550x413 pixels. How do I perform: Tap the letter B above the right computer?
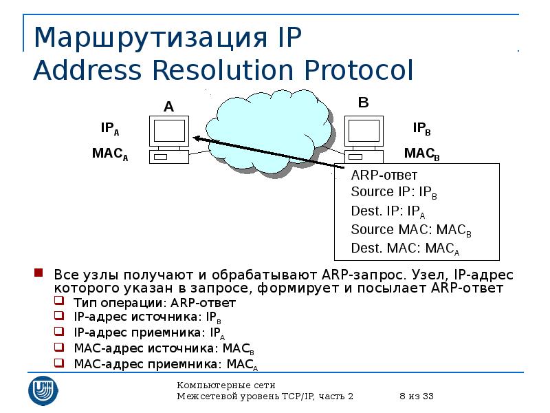pyautogui.click(x=364, y=103)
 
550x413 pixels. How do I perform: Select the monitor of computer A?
pyautogui.click(x=169, y=130)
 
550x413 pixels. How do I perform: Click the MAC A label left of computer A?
pyautogui.click(x=110, y=153)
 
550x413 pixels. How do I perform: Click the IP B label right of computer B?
pyautogui.click(x=421, y=129)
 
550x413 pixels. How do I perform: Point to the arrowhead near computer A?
pyautogui.click(x=197, y=138)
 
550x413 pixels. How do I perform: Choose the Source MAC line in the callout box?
pyautogui.click(x=410, y=230)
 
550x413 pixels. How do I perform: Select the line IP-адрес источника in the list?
pyautogui.click(x=147, y=317)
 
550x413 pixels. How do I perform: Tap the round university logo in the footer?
pyautogui.click(x=43, y=390)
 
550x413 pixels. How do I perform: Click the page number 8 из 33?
pyautogui.click(x=415, y=396)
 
